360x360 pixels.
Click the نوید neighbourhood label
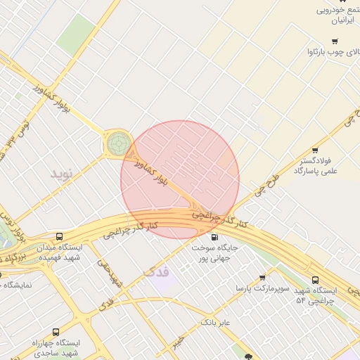[x=61, y=172]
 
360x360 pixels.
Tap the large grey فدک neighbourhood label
[x=156, y=271]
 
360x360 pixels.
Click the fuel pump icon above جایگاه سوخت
[x=214, y=237]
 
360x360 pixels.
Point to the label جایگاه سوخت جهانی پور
[x=214, y=252]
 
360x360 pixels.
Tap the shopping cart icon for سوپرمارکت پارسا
[x=262, y=278]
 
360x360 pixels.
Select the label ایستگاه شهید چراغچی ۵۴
[x=316, y=295]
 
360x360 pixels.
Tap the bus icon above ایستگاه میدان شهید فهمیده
[x=60, y=237]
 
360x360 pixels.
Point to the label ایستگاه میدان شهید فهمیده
[x=60, y=252]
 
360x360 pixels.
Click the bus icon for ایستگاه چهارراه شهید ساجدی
[x=56, y=331]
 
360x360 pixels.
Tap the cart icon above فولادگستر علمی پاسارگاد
[x=314, y=150]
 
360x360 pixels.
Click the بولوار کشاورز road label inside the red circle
[x=154, y=172]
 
